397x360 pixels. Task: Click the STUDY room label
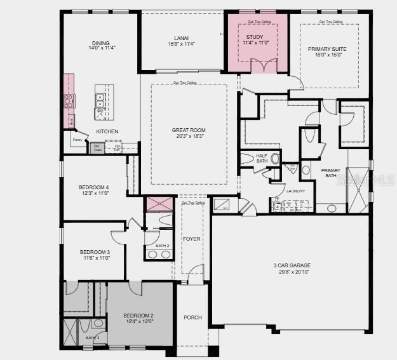click(x=254, y=37)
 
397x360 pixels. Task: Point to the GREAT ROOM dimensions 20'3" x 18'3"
click(x=189, y=137)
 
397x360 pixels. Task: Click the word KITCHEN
click(x=107, y=131)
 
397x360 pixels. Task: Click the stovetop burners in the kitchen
click(x=69, y=100)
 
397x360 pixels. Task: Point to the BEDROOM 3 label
click(x=94, y=252)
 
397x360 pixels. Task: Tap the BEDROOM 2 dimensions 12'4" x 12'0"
click(x=138, y=322)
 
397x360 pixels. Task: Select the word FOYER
click(x=191, y=239)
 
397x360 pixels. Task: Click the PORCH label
click(x=192, y=317)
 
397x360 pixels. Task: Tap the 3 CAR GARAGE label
click(x=292, y=265)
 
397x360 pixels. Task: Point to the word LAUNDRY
click(x=295, y=190)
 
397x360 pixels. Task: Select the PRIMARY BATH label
click(x=331, y=173)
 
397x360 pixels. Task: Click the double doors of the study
click(x=264, y=66)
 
